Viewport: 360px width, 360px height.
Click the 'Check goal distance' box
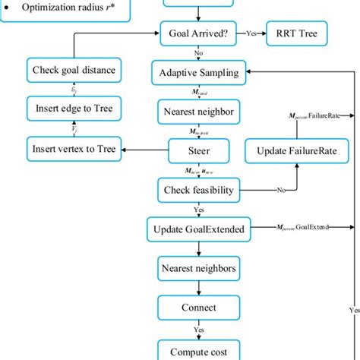click(x=74, y=70)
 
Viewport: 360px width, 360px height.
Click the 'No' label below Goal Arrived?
click(x=199, y=54)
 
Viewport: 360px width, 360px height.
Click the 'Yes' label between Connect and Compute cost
click(x=199, y=330)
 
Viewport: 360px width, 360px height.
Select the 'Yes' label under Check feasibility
click(x=199, y=209)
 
